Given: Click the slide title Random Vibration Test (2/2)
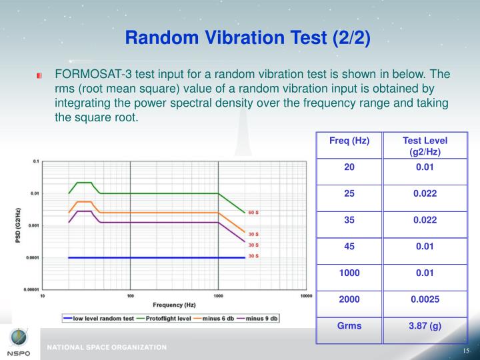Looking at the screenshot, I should pyautogui.click(x=247, y=38).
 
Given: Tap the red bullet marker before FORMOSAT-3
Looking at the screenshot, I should pyautogui.click(x=41, y=75).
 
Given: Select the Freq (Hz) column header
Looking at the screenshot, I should pyautogui.click(x=349, y=141).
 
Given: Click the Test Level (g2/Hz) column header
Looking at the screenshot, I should pyautogui.click(x=425, y=146).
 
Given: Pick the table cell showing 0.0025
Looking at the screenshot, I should pyautogui.click(x=425, y=299).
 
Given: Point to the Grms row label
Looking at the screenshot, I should pyautogui.click(x=349, y=325).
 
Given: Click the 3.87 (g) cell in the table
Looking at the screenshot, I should pyautogui.click(x=425, y=325).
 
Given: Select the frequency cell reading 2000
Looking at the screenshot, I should pyautogui.click(x=349, y=299).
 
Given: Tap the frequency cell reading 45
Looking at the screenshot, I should pyautogui.click(x=349, y=246).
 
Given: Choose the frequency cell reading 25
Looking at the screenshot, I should pyautogui.click(x=349, y=193).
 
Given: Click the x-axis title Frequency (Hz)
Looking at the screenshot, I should pyautogui.click(x=173, y=305).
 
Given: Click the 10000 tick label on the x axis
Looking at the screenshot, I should pyautogui.click(x=306, y=295).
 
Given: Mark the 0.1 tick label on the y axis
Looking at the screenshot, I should pyautogui.click(x=35, y=161).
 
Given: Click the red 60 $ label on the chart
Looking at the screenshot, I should pyautogui.click(x=253, y=212).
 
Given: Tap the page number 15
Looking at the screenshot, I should pyautogui.click(x=466, y=351).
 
